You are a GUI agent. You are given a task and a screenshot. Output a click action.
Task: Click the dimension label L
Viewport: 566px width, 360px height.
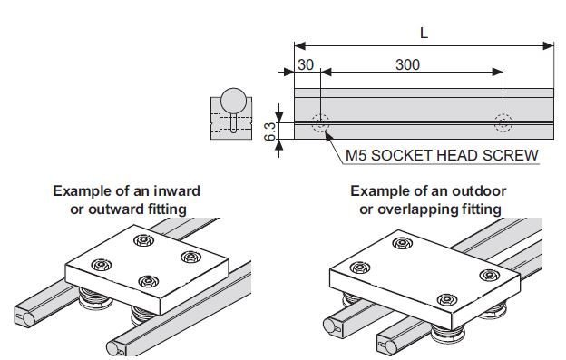click(x=424, y=32)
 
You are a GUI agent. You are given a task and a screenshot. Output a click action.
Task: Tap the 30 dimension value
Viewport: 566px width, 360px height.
click(x=305, y=65)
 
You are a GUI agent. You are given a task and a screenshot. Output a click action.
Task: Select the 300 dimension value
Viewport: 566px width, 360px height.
click(x=408, y=65)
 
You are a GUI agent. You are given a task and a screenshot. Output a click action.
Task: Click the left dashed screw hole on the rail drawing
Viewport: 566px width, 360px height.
click(x=319, y=122)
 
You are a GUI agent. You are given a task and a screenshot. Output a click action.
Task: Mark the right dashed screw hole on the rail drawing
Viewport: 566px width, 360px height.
click(x=503, y=122)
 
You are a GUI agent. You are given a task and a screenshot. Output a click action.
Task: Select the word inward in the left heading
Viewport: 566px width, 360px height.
click(x=171, y=191)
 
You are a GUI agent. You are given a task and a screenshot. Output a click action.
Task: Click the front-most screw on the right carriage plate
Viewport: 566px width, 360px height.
click(x=444, y=300)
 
